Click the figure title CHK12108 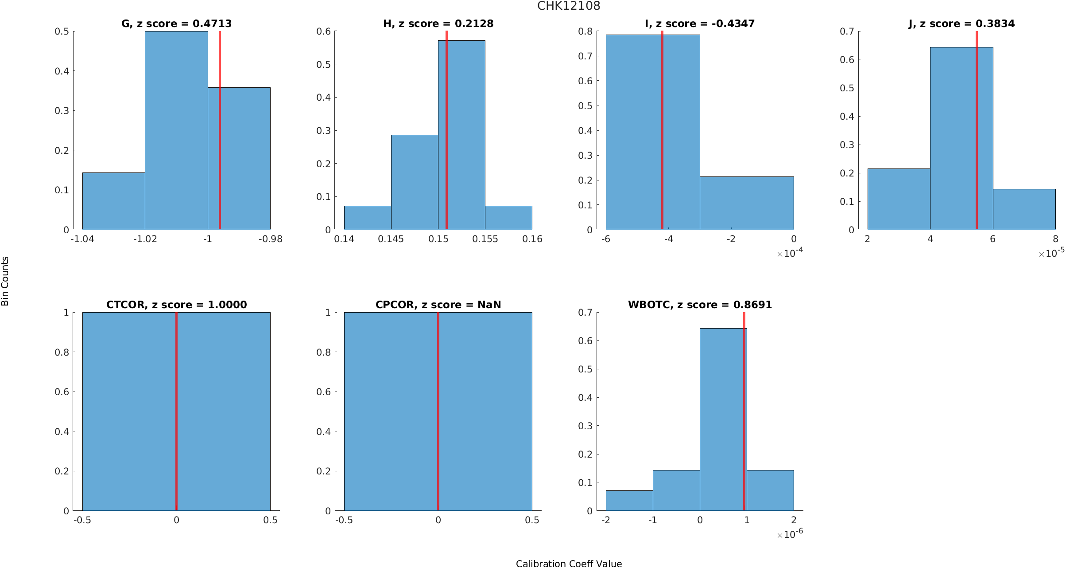[569, 6]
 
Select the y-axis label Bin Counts [5, 281]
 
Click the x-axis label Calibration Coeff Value [569, 563]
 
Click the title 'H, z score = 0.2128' [438, 24]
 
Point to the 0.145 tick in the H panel [391, 239]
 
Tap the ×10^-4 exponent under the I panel [790, 253]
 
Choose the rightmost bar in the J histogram [1024, 209]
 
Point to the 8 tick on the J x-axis [1055, 239]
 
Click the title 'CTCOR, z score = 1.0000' [176, 305]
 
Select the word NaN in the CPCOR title [489, 305]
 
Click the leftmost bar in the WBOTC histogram [629, 501]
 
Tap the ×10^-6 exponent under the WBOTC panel [790, 534]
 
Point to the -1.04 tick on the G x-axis [82, 239]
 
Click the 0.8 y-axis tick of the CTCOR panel [64, 352]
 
